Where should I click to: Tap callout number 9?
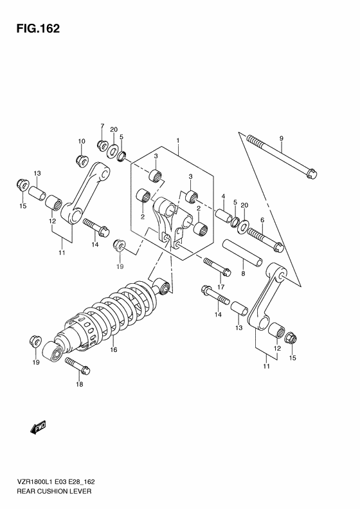click(281, 138)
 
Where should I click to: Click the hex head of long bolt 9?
click(311, 172)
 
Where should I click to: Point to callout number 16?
click(113, 350)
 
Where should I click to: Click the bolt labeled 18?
click(77, 367)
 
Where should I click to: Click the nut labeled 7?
click(102, 143)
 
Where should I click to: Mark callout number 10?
click(82, 141)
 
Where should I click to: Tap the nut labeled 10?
click(81, 158)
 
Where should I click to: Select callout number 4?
click(222, 196)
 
